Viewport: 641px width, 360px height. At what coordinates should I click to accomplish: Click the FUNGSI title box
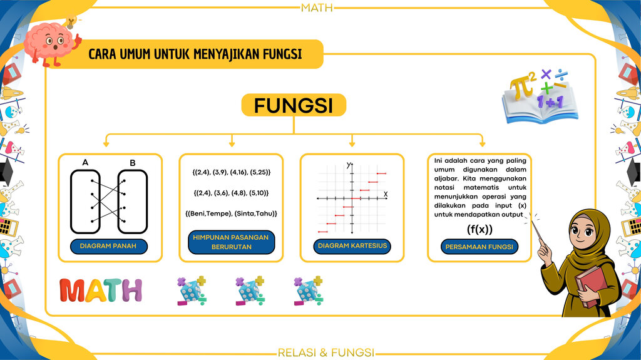click(294, 105)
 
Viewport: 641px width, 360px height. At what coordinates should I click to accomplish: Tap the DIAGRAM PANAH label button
click(108, 246)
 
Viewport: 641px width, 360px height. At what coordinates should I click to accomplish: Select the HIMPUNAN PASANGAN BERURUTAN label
click(232, 242)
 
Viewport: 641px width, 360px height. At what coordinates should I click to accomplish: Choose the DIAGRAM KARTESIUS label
click(352, 246)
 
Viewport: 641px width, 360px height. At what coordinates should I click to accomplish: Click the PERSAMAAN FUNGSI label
click(479, 247)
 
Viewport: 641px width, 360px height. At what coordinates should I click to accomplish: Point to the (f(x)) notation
click(479, 229)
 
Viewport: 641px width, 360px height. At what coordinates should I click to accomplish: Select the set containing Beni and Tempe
click(231, 213)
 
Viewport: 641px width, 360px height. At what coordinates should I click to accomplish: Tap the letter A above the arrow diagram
click(85, 162)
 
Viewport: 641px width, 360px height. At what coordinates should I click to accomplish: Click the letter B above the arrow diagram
click(133, 163)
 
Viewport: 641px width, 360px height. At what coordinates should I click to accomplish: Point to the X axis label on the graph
click(386, 194)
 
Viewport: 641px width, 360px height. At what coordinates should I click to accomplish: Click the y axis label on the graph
click(348, 165)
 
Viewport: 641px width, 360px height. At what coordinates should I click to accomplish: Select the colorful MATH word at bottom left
click(101, 291)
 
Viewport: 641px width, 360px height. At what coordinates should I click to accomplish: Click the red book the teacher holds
click(591, 286)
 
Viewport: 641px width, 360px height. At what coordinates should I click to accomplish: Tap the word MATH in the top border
click(317, 8)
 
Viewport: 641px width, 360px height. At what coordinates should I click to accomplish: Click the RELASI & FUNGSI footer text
click(326, 352)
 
